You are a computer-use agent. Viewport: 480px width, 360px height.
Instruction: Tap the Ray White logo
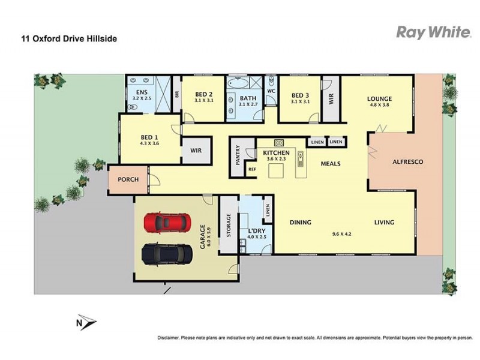pos(434,32)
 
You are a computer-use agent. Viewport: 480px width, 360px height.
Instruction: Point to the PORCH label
pos(128,179)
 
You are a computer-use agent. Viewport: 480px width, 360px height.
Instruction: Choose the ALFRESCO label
pos(408,162)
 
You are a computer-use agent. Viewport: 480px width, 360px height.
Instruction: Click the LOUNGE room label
pos(380,99)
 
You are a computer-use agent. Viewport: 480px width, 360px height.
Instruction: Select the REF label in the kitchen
pos(252,170)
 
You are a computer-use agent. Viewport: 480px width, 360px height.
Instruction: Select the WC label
pos(270,91)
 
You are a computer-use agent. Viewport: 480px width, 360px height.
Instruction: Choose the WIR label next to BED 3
pos(330,99)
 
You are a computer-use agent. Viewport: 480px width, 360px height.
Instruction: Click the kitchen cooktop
pos(279,143)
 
